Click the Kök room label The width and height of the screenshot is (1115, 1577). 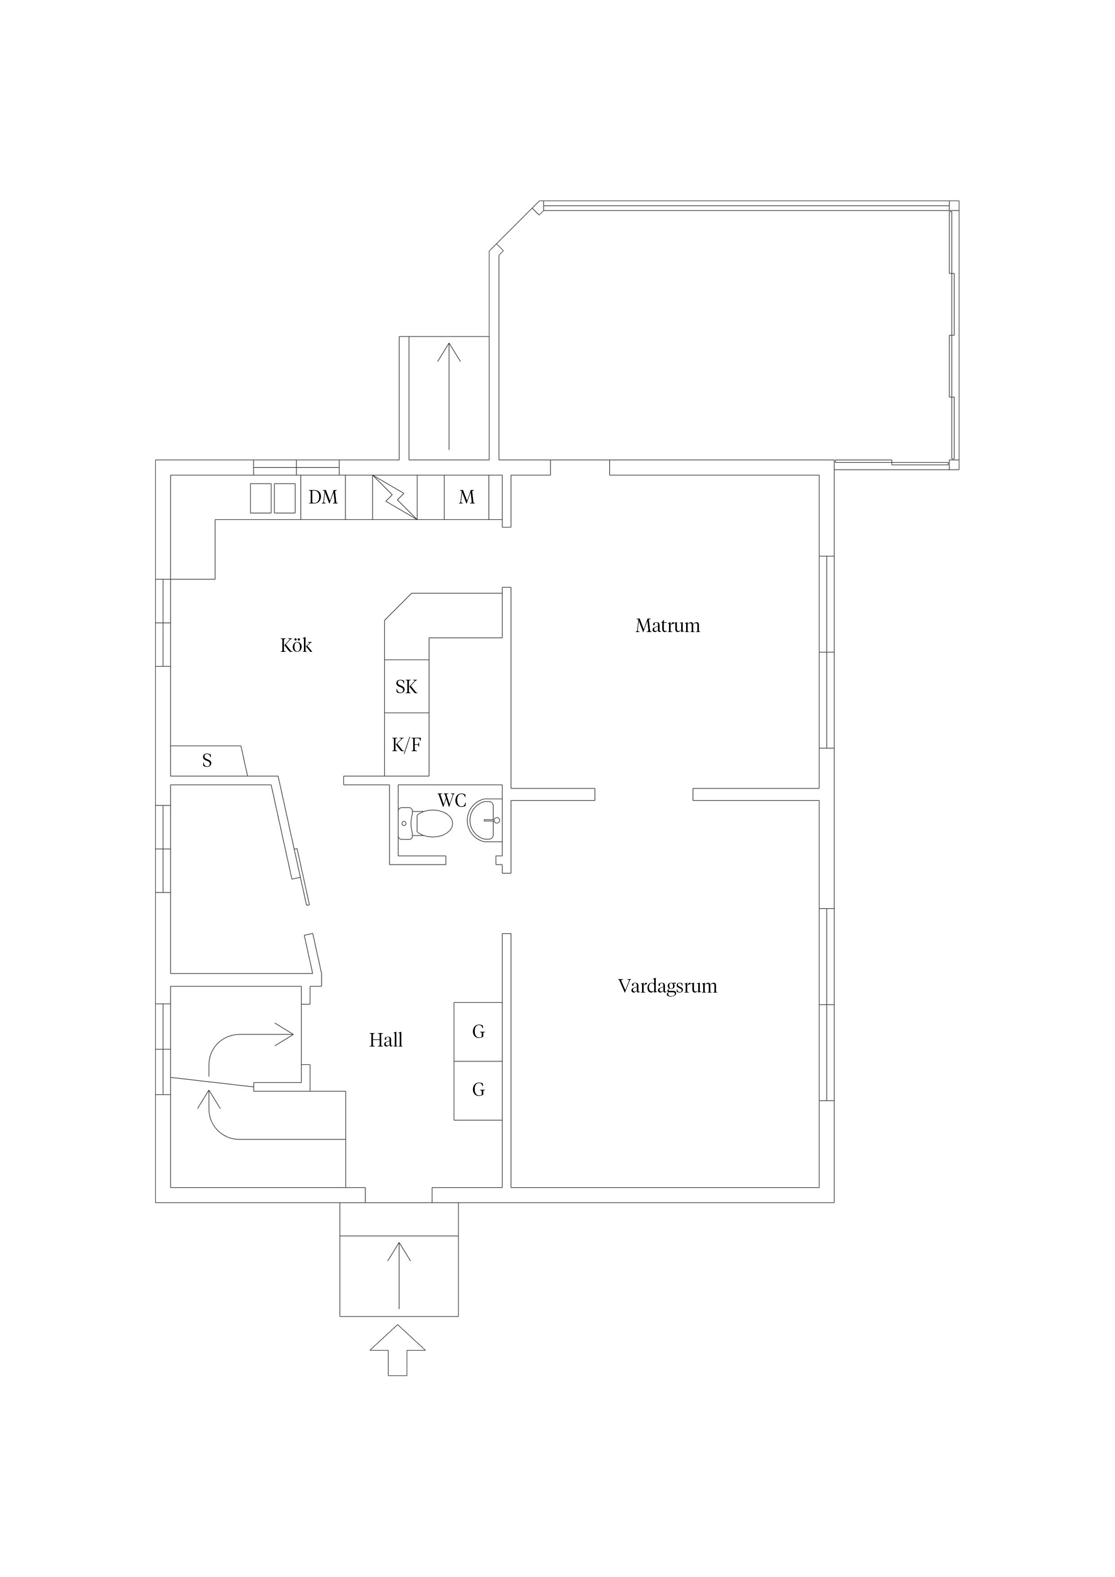click(296, 646)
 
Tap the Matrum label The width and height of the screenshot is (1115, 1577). click(667, 626)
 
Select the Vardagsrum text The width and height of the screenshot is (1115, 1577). click(667, 986)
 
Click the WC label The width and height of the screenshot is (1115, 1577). click(451, 800)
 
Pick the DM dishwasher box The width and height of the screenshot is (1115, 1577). click(323, 497)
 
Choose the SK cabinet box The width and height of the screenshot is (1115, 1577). click(406, 686)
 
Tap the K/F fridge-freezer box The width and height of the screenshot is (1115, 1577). click(406, 744)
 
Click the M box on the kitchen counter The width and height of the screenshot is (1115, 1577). click(467, 497)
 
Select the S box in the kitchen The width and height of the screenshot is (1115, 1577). click(207, 760)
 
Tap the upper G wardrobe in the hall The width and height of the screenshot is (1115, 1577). click(478, 1032)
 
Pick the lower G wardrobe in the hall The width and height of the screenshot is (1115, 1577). click(478, 1090)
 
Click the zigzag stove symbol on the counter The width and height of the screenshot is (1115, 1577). click(395, 497)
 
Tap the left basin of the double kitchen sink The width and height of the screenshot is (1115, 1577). click(260, 498)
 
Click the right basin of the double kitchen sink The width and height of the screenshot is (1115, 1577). click(285, 498)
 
